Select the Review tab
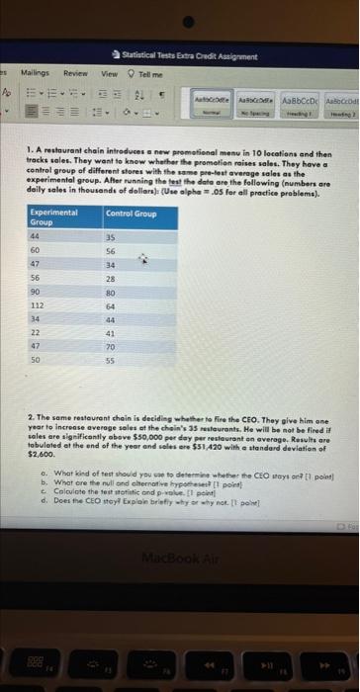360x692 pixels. (74, 71)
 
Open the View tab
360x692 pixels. (110, 71)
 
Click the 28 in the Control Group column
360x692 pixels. (111, 279)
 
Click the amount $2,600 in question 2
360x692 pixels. (43, 456)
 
